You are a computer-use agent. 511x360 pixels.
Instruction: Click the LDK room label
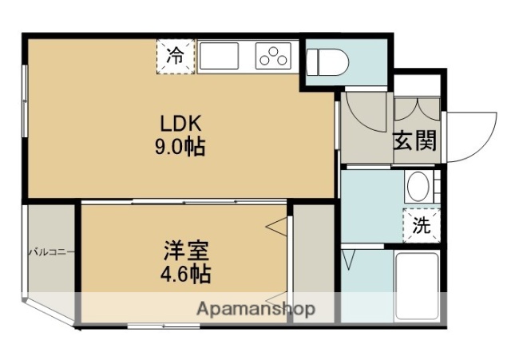[x=184, y=124]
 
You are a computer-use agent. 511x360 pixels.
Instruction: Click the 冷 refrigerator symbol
[x=174, y=56]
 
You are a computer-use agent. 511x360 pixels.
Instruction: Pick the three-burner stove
[x=274, y=56]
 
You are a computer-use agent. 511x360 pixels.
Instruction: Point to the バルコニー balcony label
[x=51, y=252]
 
